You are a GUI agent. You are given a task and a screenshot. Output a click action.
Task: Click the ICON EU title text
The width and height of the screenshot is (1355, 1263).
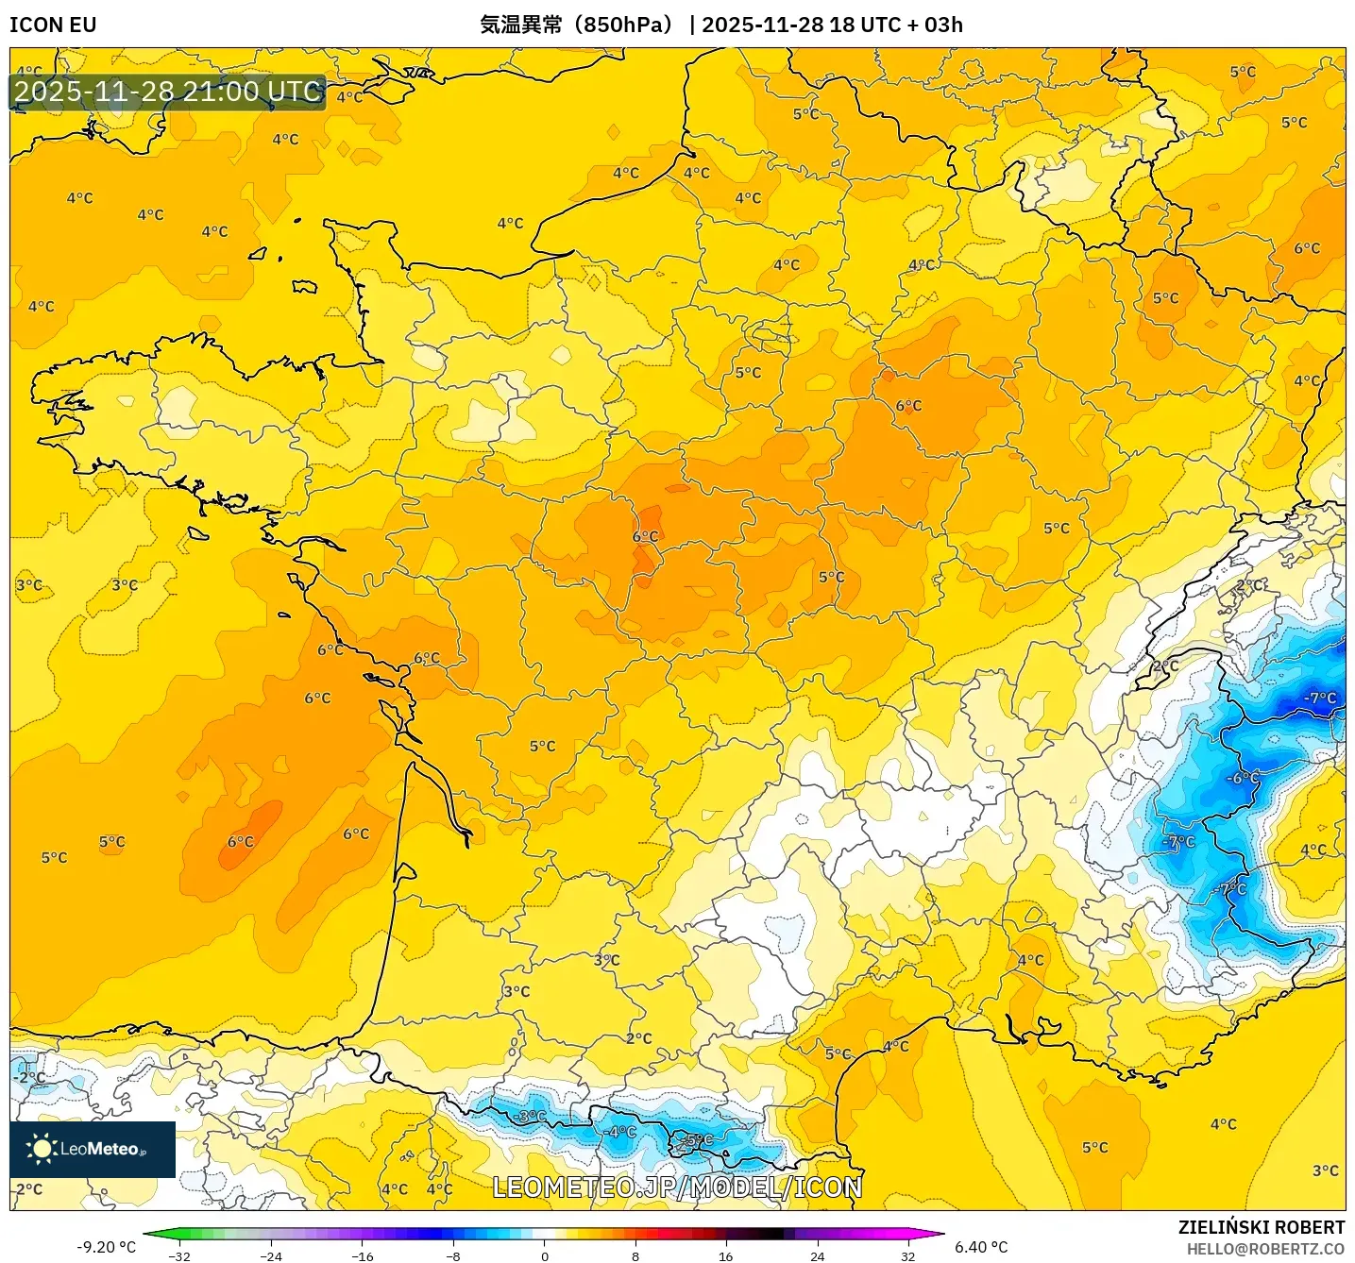pyautogui.click(x=53, y=25)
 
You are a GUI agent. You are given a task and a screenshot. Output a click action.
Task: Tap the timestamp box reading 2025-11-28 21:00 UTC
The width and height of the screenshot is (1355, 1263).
pyautogui.click(x=168, y=92)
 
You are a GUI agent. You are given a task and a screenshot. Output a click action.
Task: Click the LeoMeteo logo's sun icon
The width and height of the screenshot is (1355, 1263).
pyautogui.click(x=42, y=1149)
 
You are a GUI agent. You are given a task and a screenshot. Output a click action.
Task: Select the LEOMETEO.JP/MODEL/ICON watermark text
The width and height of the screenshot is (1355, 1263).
pyautogui.click(x=677, y=1187)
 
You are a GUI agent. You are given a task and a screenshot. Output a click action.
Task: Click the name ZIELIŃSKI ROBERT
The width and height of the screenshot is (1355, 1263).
pyautogui.click(x=1261, y=1227)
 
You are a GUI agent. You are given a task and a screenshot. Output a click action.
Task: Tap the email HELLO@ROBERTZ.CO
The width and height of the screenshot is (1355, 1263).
pyautogui.click(x=1265, y=1249)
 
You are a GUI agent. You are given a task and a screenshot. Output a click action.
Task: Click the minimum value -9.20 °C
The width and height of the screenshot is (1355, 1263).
pyautogui.click(x=106, y=1247)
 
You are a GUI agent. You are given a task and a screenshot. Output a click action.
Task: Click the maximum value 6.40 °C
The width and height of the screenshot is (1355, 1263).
pyautogui.click(x=981, y=1247)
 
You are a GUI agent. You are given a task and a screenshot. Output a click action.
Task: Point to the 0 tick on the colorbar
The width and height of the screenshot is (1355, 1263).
pyautogui.click(x=544, y=1256)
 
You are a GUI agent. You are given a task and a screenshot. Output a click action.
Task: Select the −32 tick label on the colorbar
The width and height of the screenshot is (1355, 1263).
pyautogui.click(x=178, y=1256)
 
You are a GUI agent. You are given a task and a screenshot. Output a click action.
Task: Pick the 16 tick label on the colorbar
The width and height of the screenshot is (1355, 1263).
pyautogui.click(x=725, y=1256)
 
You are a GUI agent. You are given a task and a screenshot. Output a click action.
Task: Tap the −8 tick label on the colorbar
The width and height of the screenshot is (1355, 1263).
pyautogui.click(x=453, y=1256)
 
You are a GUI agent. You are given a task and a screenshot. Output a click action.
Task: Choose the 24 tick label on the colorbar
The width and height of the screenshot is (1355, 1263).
pyautogui.click(x=817, y=1256)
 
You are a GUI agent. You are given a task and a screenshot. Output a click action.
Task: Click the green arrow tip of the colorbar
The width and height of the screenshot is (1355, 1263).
pyautogui.click(x=149, y=1234)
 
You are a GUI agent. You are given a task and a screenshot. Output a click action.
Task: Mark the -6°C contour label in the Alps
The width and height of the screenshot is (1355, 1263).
pyautogui.click(x=1242, y=779)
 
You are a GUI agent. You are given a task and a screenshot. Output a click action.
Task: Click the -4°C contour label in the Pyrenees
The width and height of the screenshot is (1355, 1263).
pyautogui.click(x=620, y=1131)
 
